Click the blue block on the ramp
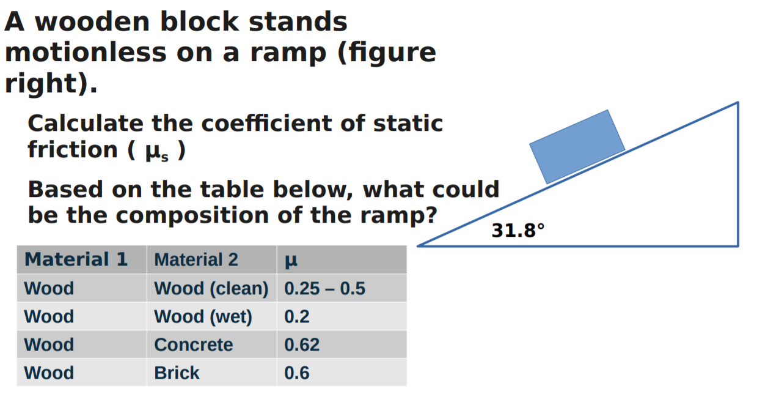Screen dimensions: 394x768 (577, 146)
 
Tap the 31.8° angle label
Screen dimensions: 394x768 (517, 231)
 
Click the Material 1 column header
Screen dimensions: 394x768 (76, 259)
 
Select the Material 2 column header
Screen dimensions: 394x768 (196, 260)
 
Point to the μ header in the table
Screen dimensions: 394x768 (291, 261)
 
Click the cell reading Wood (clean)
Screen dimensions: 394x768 (211, 288)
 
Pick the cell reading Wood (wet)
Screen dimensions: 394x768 (203, 316)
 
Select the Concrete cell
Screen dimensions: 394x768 (193, 344)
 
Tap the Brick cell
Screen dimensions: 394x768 (177, 373)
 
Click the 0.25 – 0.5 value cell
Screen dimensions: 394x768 (324, 288)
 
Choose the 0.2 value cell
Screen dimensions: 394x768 (297, 316)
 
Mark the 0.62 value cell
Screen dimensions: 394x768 (302, 344)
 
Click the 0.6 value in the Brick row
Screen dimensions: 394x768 (297, 373)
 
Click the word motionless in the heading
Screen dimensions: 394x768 (86, 53)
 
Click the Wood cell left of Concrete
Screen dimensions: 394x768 (49, 344)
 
